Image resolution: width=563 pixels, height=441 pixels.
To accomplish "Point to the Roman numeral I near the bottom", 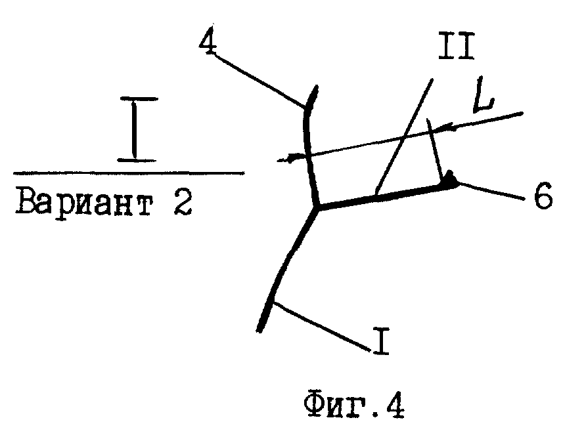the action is point(381,342).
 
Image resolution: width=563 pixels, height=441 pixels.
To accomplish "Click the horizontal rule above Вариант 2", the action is point(128,173).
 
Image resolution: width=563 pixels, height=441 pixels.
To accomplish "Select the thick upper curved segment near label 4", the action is point(309,131).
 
